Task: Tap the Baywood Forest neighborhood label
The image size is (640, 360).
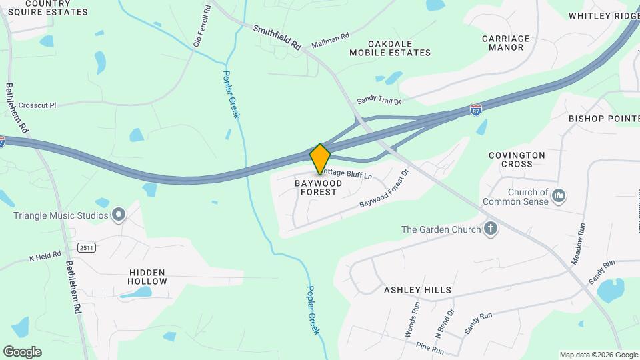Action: click(318, 187)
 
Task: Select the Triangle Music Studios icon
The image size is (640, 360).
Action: click(119, 215)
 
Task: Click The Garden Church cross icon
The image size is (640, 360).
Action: click(491, 229)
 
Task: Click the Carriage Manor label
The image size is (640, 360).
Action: click(505, 43)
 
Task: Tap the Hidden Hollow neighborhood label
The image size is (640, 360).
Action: click(147, 277)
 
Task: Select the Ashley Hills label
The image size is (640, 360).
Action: click(417, 290)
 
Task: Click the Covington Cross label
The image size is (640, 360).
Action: click(517, 159)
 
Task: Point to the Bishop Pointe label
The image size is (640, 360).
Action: click(604, 119)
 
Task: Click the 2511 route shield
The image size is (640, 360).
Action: click(86, 247)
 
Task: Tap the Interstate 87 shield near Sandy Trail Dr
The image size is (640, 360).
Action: click(476, 109)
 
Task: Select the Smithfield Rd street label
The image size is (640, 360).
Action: click(277, 38)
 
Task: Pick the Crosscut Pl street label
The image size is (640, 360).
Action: click(37, 105)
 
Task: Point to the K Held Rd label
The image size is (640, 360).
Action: click(45, 255)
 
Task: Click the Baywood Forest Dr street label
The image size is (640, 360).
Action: click(383, 195)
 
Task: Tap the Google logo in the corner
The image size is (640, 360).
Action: click(22, 351)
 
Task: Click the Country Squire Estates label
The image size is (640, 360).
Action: click(47, 7)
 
